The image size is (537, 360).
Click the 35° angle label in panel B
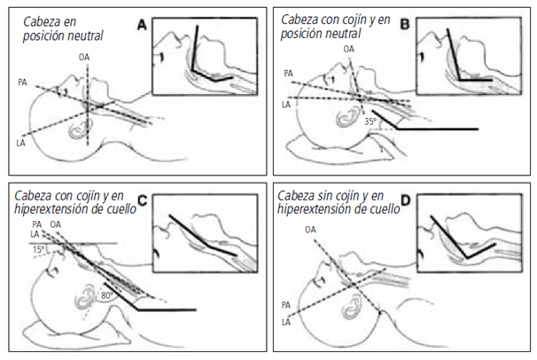click(x=371, y=120)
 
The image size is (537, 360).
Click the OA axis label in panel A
click(x=84, y=58)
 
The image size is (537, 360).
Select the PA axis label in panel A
click(x=23, y=82)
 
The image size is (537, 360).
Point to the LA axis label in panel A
click(x=20, y=142)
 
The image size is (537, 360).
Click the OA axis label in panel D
click(x=310, y=230)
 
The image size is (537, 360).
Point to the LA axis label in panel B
click(x=285, y=105)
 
